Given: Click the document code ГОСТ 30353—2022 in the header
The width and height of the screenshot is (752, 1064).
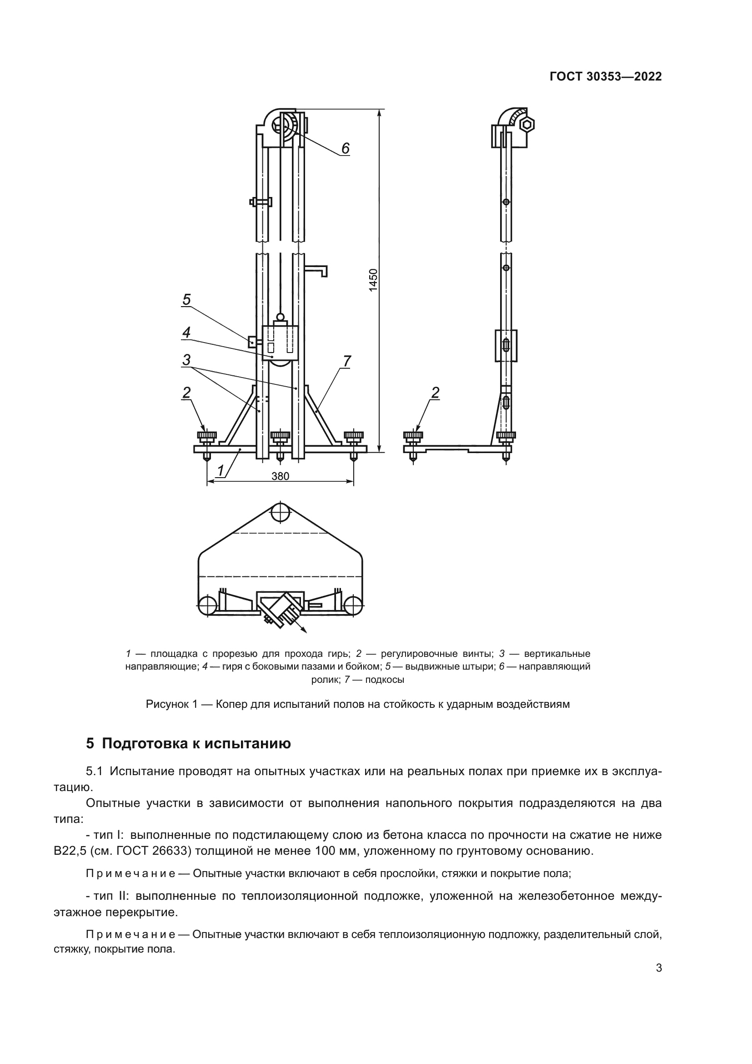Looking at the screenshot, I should (x=606, y=77).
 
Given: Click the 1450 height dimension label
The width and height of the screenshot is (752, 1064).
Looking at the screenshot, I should (x=373, y=280).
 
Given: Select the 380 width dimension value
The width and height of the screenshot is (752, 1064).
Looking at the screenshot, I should (x=280, y=476).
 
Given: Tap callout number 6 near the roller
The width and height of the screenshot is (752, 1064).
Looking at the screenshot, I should (x=346, y=148).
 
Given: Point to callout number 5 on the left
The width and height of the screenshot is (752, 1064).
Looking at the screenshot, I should (x=186, y=300).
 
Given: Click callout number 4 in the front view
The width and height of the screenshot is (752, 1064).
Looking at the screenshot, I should (x=186, y=332).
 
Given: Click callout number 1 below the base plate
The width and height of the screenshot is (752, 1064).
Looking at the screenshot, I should (x=221, y=470).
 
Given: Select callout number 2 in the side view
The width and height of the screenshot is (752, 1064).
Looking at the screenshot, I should (x=435, y=393).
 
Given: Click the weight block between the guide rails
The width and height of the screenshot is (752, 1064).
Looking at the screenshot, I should (x=280, y=343).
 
